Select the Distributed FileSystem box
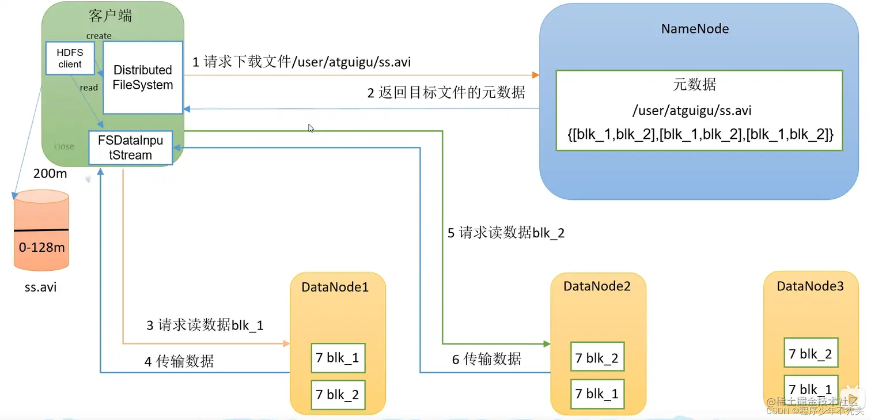point(143,77)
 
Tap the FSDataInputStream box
point(130,148)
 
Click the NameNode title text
point(695,29)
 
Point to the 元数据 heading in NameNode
point(695,85)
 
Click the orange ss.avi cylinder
point(41,230)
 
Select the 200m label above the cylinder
point(50,173)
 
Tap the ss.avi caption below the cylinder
point(40,286)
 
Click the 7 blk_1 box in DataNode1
point(338,358)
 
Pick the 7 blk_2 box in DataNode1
point(338,395)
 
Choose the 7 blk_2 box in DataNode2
point(597,358)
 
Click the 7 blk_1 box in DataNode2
point(597,394)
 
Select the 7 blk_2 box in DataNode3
point(811,354)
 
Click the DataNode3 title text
point(810,286)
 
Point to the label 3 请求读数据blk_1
point(205,326)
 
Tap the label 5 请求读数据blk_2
point(506,233)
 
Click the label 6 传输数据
point(486,359)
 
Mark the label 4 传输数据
point(179,361)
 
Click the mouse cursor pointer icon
point(311,128)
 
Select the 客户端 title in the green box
point(111,16)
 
